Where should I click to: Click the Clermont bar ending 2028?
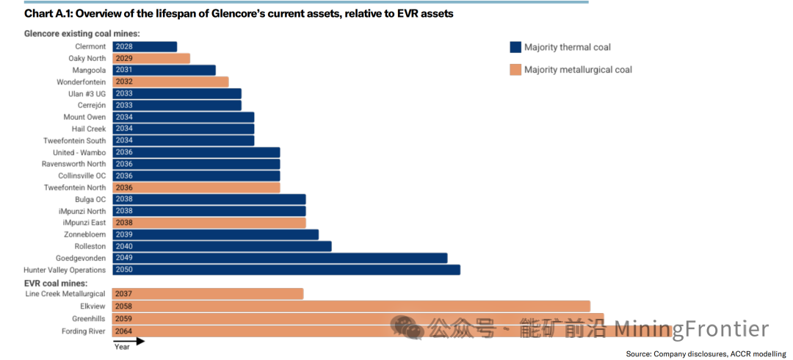145,46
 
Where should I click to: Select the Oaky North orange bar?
151,58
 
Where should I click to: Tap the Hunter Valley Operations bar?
286,270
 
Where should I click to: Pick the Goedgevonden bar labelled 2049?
280,258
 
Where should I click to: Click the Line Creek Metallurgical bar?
208,294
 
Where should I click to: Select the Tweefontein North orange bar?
196,187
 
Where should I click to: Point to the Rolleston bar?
222,246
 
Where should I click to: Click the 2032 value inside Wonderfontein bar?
123,82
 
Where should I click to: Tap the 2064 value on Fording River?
123,331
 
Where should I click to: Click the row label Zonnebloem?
85,234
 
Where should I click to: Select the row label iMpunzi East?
84,223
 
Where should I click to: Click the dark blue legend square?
515,47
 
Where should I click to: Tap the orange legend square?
515,70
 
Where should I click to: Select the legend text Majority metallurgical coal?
578,70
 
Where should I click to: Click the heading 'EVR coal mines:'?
56,283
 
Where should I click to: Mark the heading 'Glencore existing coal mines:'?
82,34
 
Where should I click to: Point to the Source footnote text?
706,353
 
